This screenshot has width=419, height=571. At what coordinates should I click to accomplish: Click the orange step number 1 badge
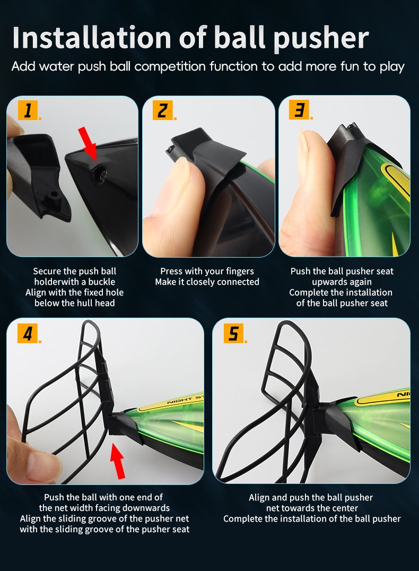point(28,110)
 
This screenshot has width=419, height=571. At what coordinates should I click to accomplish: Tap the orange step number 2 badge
point(163,110)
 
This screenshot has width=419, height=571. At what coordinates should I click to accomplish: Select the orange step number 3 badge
point(299,109)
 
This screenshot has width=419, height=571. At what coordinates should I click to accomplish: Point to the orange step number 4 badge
point(28,333)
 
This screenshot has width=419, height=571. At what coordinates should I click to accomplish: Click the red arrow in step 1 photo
point(88,143)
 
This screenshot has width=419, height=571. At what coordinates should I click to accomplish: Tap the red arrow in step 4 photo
point(118,461)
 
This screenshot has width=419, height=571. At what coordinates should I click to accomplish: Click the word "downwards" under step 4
point(146,508)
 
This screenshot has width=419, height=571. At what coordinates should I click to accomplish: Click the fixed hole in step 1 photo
point(99,175)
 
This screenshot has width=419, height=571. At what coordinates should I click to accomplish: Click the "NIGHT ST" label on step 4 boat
point(185,399)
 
